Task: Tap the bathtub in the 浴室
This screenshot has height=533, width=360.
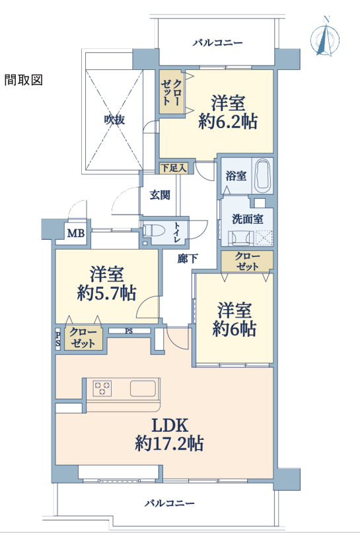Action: (x=264, y=176)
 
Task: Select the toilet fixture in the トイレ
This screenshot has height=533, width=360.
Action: (x=153, y=231)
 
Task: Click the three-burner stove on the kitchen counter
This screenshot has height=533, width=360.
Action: (x=102, y=388)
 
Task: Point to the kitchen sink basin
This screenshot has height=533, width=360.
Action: (x=143, y=388)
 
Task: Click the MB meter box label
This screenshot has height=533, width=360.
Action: (x=75, y=233)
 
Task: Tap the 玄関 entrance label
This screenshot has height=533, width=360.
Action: (x=160, y=195)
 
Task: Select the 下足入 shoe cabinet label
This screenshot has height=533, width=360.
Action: (x=173, y=168)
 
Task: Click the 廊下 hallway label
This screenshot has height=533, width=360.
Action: (x=188, y=259)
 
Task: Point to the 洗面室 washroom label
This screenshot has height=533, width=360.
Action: (x=248, y=219)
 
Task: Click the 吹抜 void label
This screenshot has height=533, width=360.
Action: (x=114, y=120)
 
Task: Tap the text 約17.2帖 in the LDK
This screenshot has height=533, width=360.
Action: (x=169, y=443)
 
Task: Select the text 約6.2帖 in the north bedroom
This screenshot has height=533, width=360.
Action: (x=228, y=122)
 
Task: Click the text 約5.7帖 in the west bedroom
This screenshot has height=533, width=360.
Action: (x=106, y=293)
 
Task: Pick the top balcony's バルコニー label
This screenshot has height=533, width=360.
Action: (x=217, y=43)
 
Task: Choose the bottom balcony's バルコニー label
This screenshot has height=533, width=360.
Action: (x=170, y=503)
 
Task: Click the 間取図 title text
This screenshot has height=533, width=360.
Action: (x=24, y=80)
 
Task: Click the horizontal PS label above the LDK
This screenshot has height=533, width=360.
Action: (x=129, y=331)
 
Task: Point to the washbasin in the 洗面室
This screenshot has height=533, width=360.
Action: (x=240, y=238)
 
